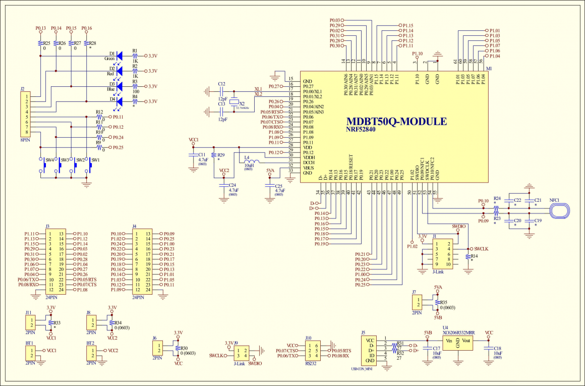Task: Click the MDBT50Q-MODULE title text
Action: (396, 122)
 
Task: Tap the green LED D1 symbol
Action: (120, 56)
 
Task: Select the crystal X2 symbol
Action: (233, 103)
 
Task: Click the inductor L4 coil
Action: (251, 162)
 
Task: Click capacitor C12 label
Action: (221, 84)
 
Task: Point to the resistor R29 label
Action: (221, 155)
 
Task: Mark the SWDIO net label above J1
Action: (458, 227)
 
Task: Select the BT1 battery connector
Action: (31, 353)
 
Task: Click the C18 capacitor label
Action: (497, 348)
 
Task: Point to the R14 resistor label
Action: (474, 256)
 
